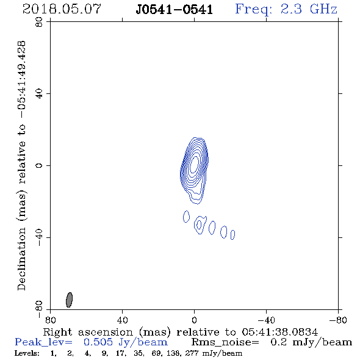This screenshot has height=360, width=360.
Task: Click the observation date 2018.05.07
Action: pyautogui.click(x=62, y=9)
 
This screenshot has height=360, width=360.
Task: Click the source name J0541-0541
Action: pyautogui.click(x=175, y=10)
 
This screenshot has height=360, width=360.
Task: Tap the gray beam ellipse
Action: pyautogui.click(x=69, y=300)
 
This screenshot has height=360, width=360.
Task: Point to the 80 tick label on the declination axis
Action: pyautogui.click(x=39, y=22)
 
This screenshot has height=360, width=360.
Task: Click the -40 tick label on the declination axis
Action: pyautogui.click(x=39, y=237)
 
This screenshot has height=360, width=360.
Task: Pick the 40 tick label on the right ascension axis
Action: pyautogui.click(x=122, y=320)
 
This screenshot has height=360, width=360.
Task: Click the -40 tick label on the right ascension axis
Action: pyautogui.click(x=266, y=320)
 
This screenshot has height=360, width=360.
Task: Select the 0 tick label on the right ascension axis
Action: pyautogui.click(x=194, y=320)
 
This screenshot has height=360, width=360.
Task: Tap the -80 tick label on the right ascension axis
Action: pyautogui.click(x=338, y=320)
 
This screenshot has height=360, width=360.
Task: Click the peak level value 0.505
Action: pyautogui.click(x=98, y=342)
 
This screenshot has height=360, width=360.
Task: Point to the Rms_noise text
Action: pyautogui.click(x=225, y=342)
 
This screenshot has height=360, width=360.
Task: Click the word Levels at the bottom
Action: pyautogui.click(x=27, y=353)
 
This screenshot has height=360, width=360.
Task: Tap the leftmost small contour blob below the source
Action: pyautogui.click(x=186, y=217)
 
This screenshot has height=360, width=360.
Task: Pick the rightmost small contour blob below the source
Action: pyautogui.click(x=232, y=235)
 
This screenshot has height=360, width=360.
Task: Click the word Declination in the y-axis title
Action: pyautogui.click(x=21, y=259)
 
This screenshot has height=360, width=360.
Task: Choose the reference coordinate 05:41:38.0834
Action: pyautogui.click(x=279, y=332)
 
